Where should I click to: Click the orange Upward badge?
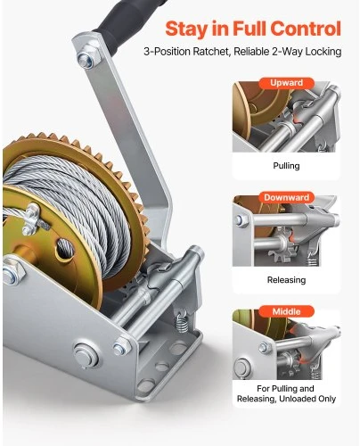[x=286, y=83]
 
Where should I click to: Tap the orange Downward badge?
[x=286, y=197]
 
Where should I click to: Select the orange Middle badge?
[x=286, y=311]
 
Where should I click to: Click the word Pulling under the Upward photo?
[x=286, y=166]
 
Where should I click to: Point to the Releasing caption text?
[x=286, y=280]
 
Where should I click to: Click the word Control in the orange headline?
[x=306, y=29]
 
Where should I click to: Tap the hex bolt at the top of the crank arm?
[x=88, y=56]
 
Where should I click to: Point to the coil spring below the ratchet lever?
[x=182, y=321]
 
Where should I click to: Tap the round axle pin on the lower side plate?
[x=86, y=355]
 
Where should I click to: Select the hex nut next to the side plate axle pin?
[x=122, y=347]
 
